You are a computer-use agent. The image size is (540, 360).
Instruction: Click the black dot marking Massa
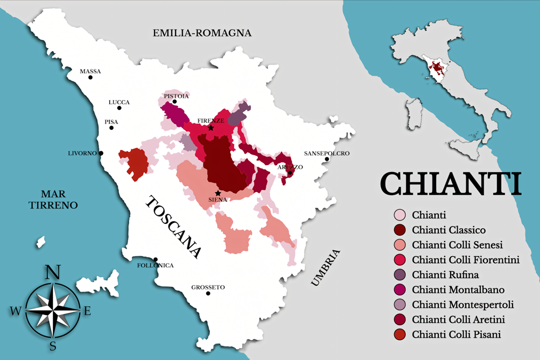pyautogui.click(x=90, y=77)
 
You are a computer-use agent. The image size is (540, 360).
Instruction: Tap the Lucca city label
pyautogui.click(x=119, y=102)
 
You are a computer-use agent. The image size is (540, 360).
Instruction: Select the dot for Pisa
pyautogui.click(x=111, y=128)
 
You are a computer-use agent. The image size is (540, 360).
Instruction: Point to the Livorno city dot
pyautogui.click(x=101, y=153)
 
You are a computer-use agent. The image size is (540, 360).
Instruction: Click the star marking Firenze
pyautogui.click(x=211, y=128)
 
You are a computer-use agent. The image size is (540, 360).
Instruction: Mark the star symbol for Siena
pyautogui.click(x=218, y=193)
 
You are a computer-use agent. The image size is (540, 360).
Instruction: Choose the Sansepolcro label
pyautogui.click(x=326, y=153)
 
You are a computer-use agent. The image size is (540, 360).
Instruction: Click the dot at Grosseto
pyautogui.click(x=208, y=293)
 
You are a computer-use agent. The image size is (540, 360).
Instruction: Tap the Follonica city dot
pyautogui.click(x=155, y=259)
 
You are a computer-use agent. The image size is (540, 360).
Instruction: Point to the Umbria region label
pyautogui.click(x=325, y=267)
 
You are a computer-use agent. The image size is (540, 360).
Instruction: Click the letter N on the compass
pyautogui.click(x=52, y=272)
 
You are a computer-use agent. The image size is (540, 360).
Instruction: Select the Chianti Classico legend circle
pyautogui.click(x=399, y=230)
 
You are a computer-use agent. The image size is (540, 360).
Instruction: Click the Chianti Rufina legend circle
pyautogui.click(x=399, y=275)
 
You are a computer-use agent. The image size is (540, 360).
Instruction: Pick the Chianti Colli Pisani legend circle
pyautogui.click(x=399, y=334)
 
